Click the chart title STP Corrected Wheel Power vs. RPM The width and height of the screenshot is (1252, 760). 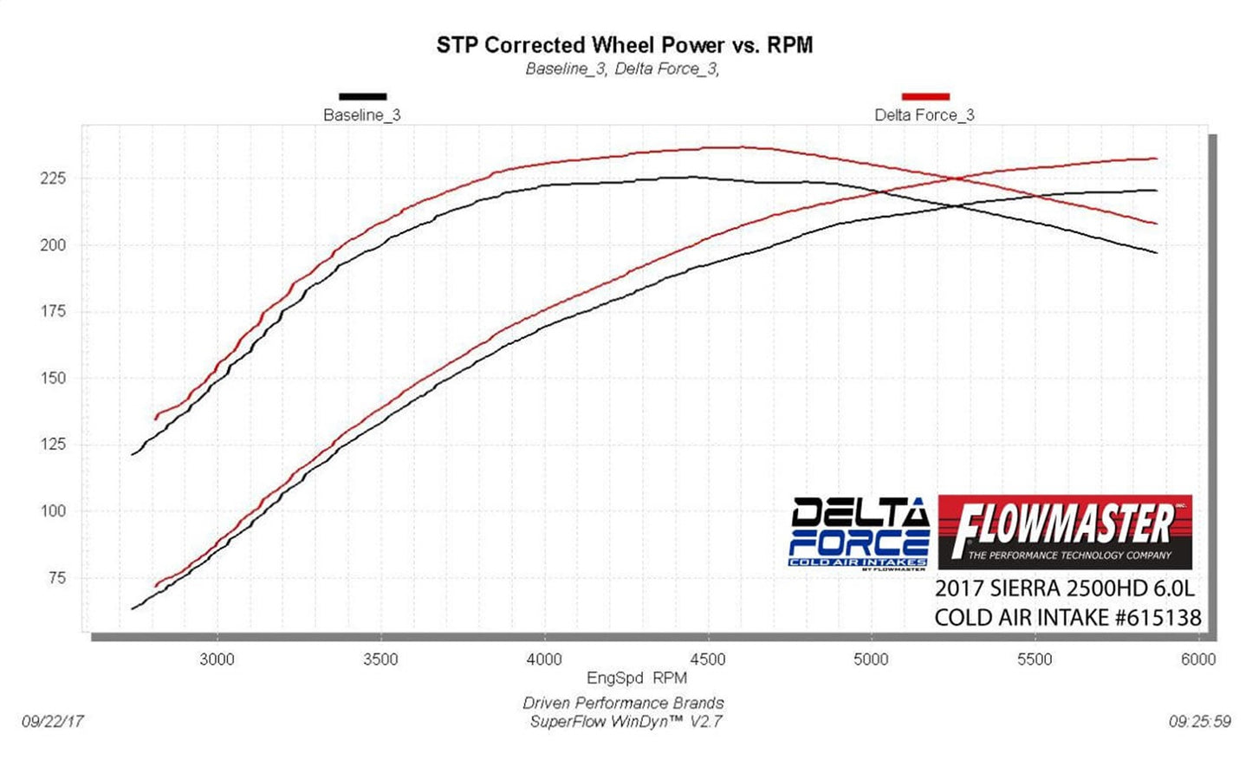point(624,45)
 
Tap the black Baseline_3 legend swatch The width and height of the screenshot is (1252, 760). point(362,96)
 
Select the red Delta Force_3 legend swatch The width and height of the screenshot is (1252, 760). point(925,96)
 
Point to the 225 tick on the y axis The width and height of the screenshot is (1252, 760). point(53,179)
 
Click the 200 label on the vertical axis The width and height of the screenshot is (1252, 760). point(53,245)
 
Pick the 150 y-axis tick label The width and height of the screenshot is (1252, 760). point(53,378)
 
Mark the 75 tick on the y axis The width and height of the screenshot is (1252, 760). point(56,578)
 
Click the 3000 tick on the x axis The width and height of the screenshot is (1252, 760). point(217,659)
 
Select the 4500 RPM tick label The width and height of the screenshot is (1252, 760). point(707,659)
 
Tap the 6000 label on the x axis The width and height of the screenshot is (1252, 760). point(1198,659)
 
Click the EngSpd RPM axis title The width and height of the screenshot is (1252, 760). point(637,679)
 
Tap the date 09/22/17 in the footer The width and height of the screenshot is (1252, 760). point(53,722)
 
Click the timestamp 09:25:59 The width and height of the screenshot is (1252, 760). point(1199,722)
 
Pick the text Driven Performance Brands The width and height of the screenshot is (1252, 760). point(623,704)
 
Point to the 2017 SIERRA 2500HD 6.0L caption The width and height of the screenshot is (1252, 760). point(1064,588)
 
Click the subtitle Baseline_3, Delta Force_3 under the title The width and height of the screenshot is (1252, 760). point(622,69)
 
